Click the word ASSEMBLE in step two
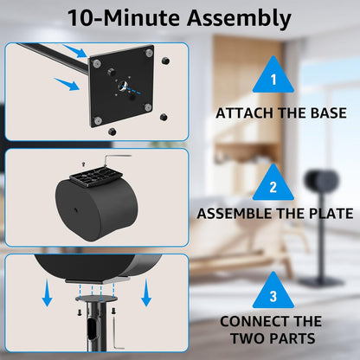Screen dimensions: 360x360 click(x=237, y=214)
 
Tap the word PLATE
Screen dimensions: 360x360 click(x=326, y=214)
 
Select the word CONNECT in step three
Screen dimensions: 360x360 click(x=252, y=321)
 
